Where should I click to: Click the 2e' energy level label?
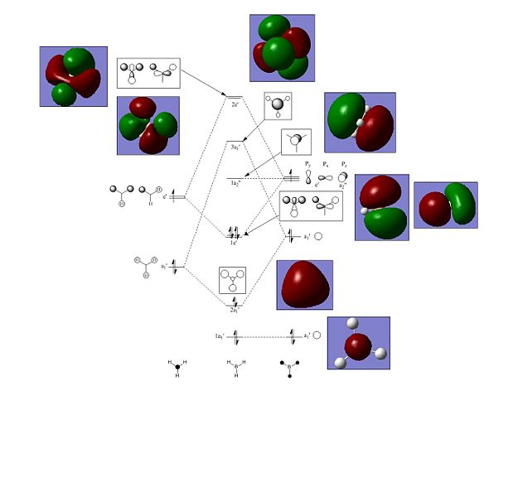tap(235, 105)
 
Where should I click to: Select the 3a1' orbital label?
tap(235, 147)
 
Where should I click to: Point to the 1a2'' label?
tap(235, 182)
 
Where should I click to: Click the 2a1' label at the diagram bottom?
tap(235, 309)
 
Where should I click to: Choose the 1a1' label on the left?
tap(220, 335)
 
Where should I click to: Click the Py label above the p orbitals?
tap(307, 164)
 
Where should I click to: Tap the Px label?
tap(325, 164)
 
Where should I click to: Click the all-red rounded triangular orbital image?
tap(304, 285)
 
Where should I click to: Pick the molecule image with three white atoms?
tap(358, 343)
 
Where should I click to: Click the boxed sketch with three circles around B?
tap(233, 280)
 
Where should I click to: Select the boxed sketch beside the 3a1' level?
tap(278, 107)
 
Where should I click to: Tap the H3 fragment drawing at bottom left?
tap(177, 367)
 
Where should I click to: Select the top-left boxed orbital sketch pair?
tap(148, 73)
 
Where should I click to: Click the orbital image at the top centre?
tap(282, 47)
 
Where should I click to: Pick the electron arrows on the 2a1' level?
tap(235, 302)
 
